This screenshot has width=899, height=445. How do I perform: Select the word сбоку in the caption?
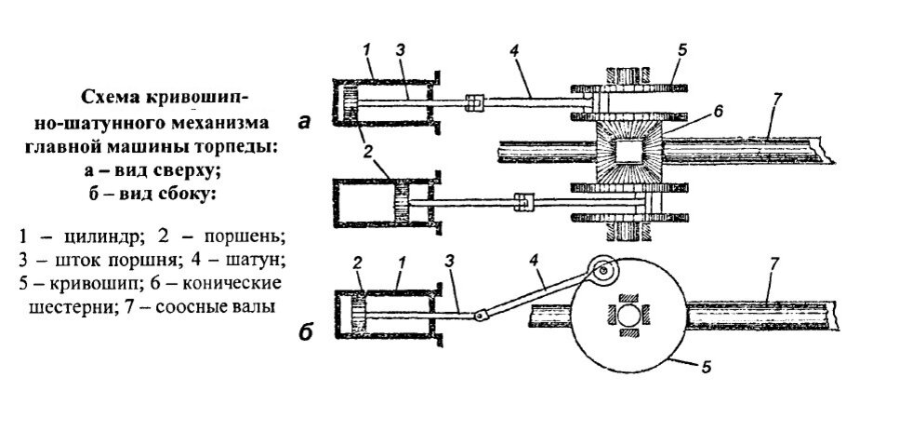point(186,194)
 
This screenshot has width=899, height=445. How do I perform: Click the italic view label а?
point(304,121)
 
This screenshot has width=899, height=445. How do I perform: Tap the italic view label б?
point(306,333)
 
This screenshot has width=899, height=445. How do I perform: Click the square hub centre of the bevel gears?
point(628,152)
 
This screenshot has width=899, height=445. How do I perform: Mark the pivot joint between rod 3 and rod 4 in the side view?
point(481,315)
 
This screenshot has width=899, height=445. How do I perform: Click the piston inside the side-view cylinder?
point(360,314)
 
